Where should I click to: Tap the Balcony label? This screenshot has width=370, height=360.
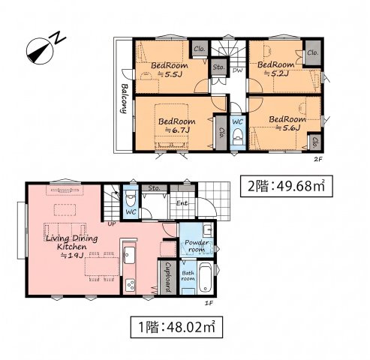(124, 98)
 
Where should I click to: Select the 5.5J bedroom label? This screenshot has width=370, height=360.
(170, 70)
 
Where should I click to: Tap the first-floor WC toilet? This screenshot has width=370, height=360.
(131, 197)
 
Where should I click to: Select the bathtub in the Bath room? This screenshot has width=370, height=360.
(206, 277)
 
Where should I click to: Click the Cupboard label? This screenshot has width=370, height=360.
(168, 277)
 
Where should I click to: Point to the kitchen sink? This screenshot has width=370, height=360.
(129, 255)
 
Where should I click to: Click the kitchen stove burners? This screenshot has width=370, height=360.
(130, 285)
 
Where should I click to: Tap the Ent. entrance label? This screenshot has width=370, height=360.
(182, 203)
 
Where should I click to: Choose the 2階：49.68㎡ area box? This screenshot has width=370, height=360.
(287, 186)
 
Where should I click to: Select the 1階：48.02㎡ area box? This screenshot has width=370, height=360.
(176, 327)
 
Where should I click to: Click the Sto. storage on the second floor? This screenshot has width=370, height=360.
(219, 67)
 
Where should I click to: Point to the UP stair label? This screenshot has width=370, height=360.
(112, 223)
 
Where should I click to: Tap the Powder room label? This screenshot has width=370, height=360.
(197, 246)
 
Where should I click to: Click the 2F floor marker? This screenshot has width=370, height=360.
(317, 159)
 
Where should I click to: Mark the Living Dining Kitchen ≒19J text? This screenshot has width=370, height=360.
(72, 247)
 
